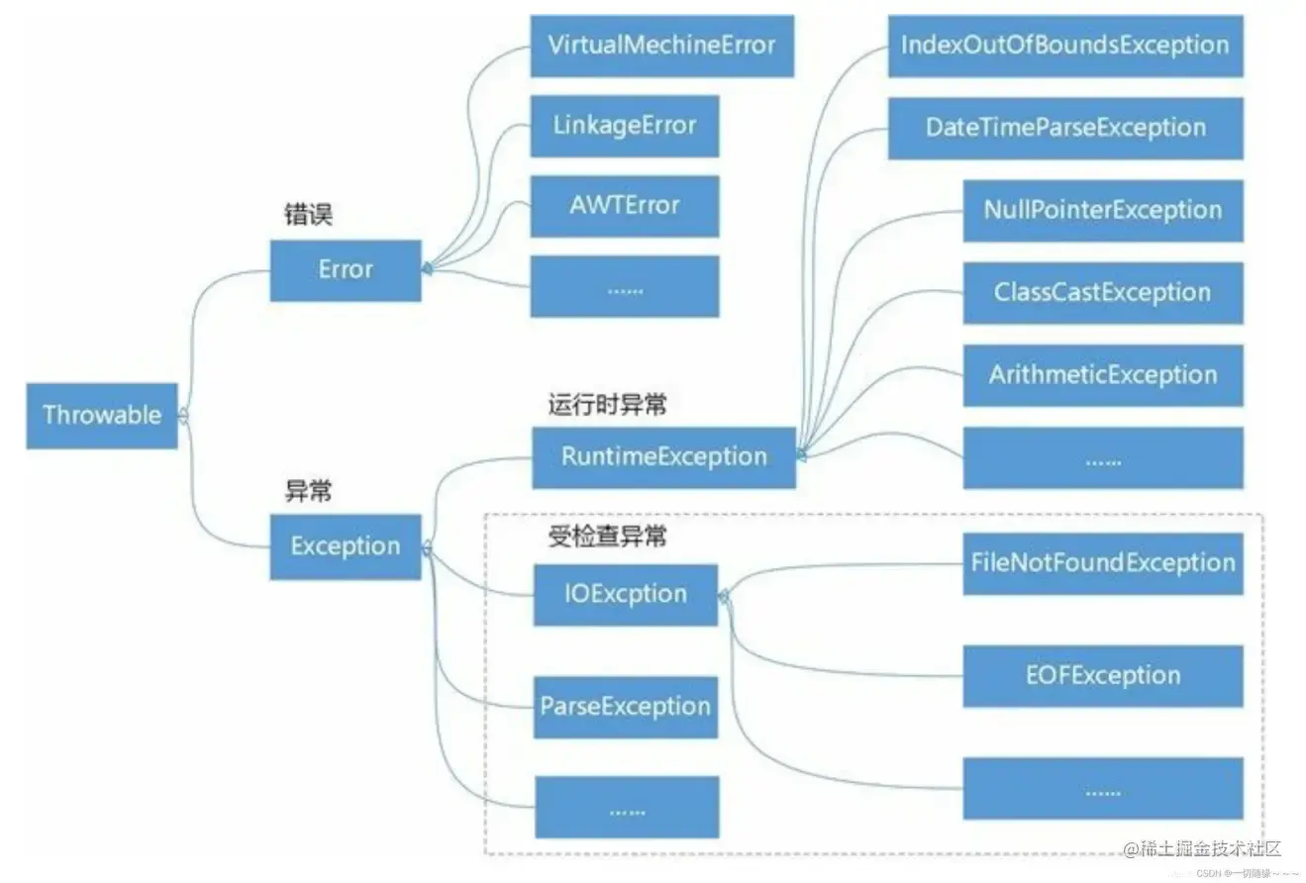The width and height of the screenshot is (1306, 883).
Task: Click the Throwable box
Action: (102, 416)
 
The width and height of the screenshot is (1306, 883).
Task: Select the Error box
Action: (346, 270)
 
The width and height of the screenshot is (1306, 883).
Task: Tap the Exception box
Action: (346, 546)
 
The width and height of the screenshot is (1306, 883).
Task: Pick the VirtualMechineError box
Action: (661, 46)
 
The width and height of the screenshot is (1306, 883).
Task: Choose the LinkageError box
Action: (624, 126)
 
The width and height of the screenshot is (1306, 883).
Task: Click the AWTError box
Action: (624, 206)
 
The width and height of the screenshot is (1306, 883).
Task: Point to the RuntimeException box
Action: (663, 457)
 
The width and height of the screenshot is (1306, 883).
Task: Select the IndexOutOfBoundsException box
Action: (1064, 46)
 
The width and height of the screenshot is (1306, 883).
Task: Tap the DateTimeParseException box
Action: (1064, 128)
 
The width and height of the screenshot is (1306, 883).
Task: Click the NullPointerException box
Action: (1102, 211)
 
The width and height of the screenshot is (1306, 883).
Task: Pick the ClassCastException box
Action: (1102, 293)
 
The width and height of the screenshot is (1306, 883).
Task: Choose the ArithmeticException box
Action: (1102, 375)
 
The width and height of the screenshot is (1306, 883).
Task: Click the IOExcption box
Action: (625, 595)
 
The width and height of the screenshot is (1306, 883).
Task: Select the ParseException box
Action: (625, 707)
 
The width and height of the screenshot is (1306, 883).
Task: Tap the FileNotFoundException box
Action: (1102, 563)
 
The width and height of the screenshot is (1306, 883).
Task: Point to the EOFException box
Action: (1102, 676)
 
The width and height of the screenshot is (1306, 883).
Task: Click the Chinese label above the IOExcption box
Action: (607, 537)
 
